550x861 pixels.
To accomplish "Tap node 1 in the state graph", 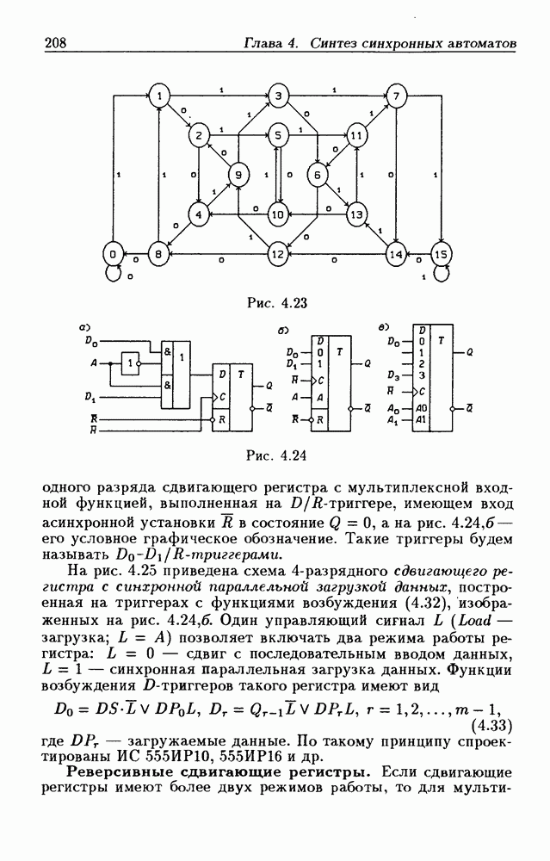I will pyautogui.click(x=160, y=96).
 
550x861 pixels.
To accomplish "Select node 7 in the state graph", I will pyautogui.click(x=395, y=96).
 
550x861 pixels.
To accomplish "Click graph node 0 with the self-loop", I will pyautogui.click(x=112, y=255).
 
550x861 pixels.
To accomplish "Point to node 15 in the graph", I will pyautogui.click(x=441, y=255).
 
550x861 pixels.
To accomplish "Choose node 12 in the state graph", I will pyautogui.click(x=277, y=255).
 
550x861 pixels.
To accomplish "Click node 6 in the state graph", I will pyautogui.click(x=317, y=175).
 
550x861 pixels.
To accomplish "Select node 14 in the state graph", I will pyautogui.click(x=395, y=255).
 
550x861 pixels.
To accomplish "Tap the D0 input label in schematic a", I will pyautogui.click(x=91, y=340).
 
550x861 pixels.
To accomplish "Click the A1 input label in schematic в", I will pyautogui.click(x=393, y=421).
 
